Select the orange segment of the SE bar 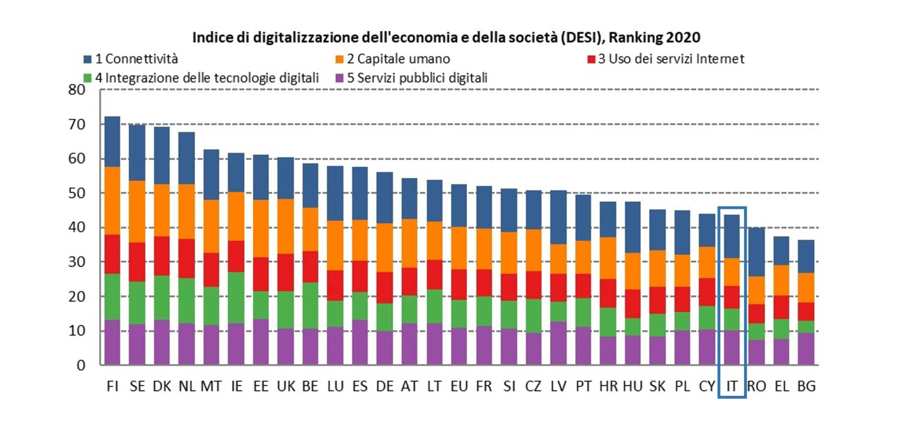tap(137, 211)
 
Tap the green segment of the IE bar tap(236, 297)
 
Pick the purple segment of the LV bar tap(558, 343)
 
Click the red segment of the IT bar tap(732, 297)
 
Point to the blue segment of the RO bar tap(756, 252)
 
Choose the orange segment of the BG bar tap(806, 288)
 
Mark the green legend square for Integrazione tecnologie tap(87, 78)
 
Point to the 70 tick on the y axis tap(77, 124)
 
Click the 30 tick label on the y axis tap(77, 262)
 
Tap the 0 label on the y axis tap(81, 366)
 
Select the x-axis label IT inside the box tap(732, 386)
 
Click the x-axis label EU tap(459, 386)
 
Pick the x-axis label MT tap(211, 386)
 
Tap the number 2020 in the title tap(683, 37)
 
